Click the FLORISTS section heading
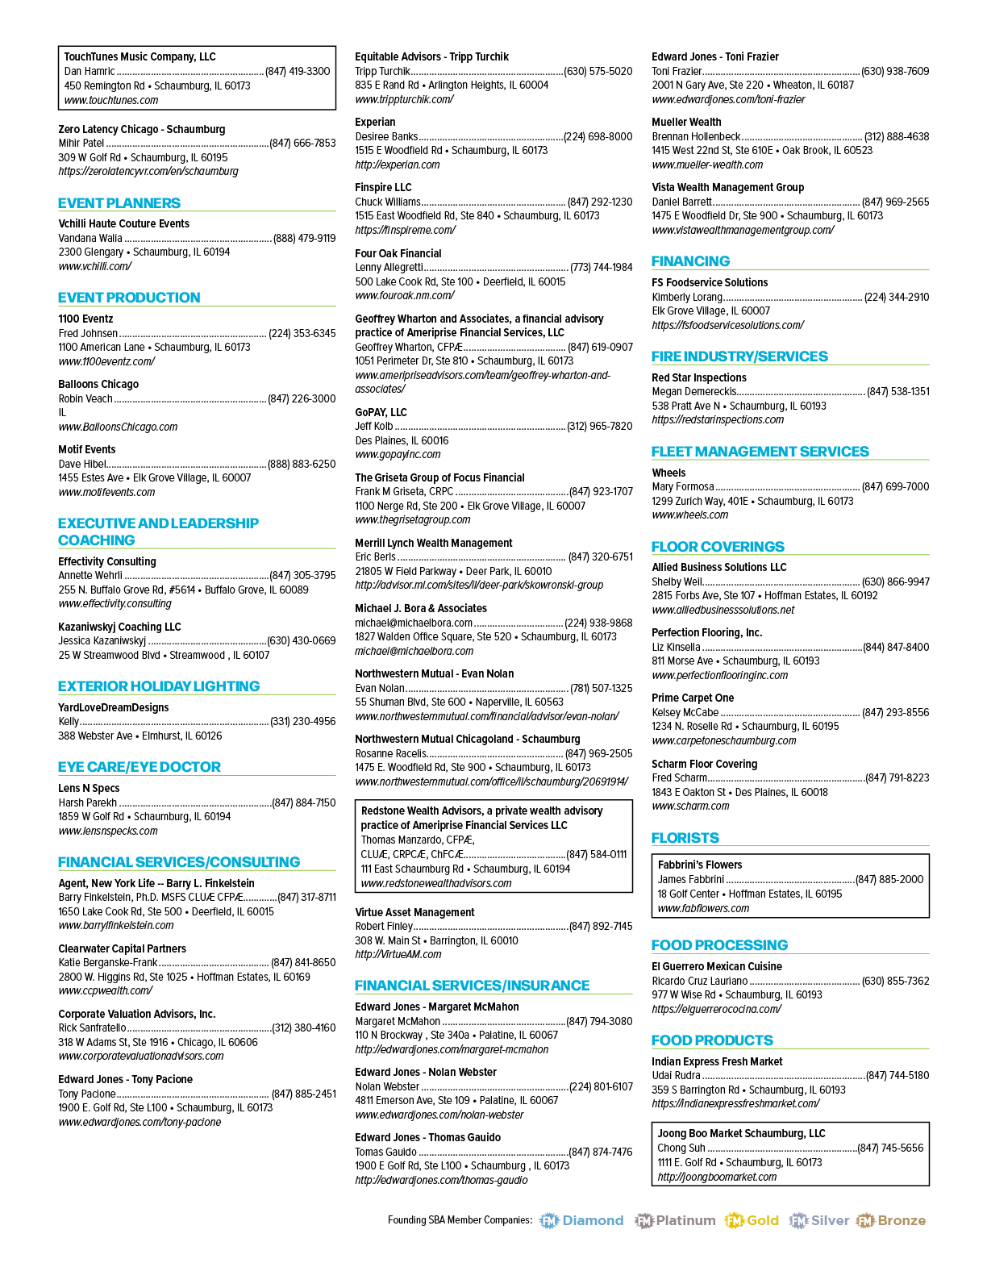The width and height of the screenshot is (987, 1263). pyautogui.click(x=685, y=837)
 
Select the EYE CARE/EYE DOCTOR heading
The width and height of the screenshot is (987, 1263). pyautogui.click(x=139, y=767)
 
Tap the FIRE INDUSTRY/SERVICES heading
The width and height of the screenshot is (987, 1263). pyautogui.click(x=739, y=356)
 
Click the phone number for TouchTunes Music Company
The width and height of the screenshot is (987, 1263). pyautogui.click(x=298, y=72)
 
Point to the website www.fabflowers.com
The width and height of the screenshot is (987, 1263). pyautogui.click(x=703, y=908)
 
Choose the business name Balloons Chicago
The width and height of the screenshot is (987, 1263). pyautogui.click(x=98, y=384)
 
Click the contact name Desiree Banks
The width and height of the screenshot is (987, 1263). pyautogui.click(x=386, y=136)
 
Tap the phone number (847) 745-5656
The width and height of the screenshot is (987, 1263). pyautogui.click(x=890, y=1148)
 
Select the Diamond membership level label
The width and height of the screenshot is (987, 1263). pyautogui.click(x=593, y=1220)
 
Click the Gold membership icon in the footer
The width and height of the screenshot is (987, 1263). pyautogui.click(x=735, y=1220)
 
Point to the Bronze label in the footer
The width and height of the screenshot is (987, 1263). pyautogui.click(x=902, y=1220)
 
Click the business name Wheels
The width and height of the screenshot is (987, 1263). pyautogui.click(x=668, y=473)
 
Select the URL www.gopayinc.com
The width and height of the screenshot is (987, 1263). pyautogui.click(x=398, y=455)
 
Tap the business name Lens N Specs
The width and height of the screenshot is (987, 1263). pyautogui.click(x=89, y=788)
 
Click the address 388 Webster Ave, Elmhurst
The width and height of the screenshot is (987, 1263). pyautogui.click(x=140, y=736)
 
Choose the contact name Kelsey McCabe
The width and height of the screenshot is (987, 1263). pyautogui.click(x=685, y=713)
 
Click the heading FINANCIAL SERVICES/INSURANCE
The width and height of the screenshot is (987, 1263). pyautogui.click(x=473, y=986)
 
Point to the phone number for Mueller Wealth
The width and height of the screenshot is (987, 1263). pyautogui.click(x=897, y=136)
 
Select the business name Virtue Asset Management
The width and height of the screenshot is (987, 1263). pyautogui.click(x=414, y=912)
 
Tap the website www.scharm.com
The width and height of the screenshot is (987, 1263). pyautogui.click(x=691, y=807)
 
